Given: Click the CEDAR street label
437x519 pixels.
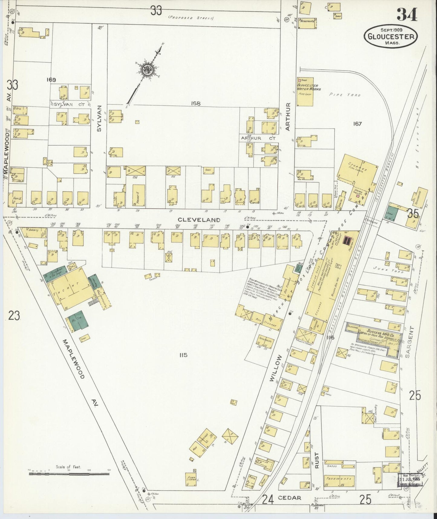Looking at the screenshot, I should click(289, 498).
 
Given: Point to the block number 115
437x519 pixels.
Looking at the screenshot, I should click(183, 355).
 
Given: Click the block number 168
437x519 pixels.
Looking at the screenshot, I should click(196, 104).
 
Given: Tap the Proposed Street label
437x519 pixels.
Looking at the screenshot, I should click(191, 18).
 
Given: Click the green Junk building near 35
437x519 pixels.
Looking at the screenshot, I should click(393, 213).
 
